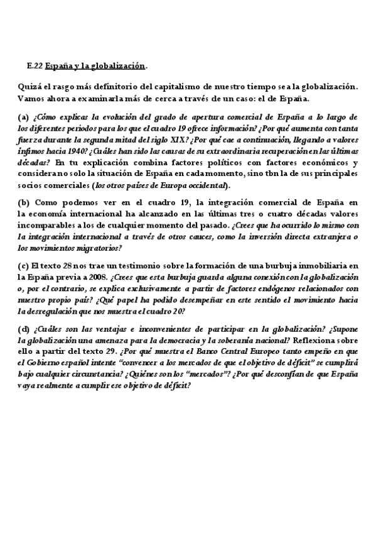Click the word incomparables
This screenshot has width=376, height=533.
coord(45,224)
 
